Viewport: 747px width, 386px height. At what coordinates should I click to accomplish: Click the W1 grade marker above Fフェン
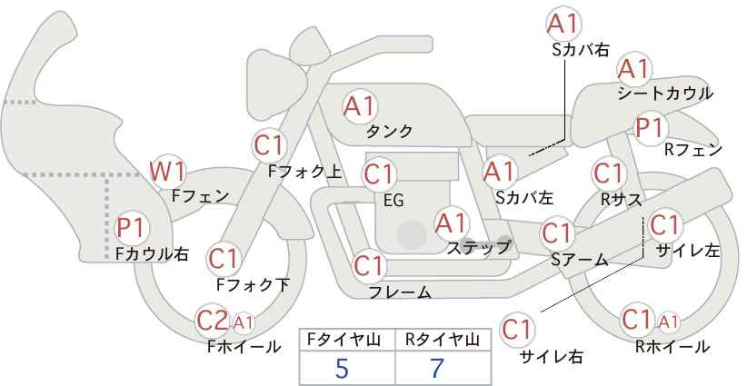pyautogui.click(x=167, y=172)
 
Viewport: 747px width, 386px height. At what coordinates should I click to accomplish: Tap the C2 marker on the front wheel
pyautogui.click(x=213, y=321)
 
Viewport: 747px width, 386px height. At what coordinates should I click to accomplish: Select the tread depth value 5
pyautogui.click(x=342, y=368)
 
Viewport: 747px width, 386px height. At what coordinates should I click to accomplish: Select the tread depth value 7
pyautogui.click(x=437, y=368)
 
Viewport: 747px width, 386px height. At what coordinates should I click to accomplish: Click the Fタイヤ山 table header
pyautogui.click(x=344, y=340)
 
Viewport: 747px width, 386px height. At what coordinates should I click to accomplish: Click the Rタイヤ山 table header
pyautogui.click(x=443, y=340)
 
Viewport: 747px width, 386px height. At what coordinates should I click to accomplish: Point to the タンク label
pyautogui.click(x=389, y=132)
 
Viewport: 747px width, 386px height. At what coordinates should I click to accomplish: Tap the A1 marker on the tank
pyautogui.click(x=360, y=106)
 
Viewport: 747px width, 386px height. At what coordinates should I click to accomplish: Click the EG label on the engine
pyautogui.click(x=394, y=201)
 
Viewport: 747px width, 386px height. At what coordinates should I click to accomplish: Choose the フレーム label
pyautogui.click(x=400, y=292)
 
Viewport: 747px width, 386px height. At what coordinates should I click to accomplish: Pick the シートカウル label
pyautogui.click(x=665, y=94)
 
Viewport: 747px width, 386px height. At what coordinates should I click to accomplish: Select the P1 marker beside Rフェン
pyautogui.click(x=650, y=127)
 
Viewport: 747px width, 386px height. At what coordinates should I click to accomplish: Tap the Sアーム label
pyautogui.click(x=580, y=260)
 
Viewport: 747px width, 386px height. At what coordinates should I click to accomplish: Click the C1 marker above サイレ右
pyautogui.click(x=517, y=330)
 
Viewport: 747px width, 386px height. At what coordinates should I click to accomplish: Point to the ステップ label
pyautogui.click(x=478, y=248)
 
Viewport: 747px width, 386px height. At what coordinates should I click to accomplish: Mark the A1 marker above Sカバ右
pyautogui.click(x=563, y=24)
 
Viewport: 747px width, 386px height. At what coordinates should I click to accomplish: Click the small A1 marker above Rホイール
pyautogui.click(x=668, y=322)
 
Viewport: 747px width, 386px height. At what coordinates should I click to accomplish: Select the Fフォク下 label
pyautogui.click(x=253, y=284)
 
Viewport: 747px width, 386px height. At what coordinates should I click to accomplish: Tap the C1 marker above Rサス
pyautogui.click(x=608, y=173)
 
